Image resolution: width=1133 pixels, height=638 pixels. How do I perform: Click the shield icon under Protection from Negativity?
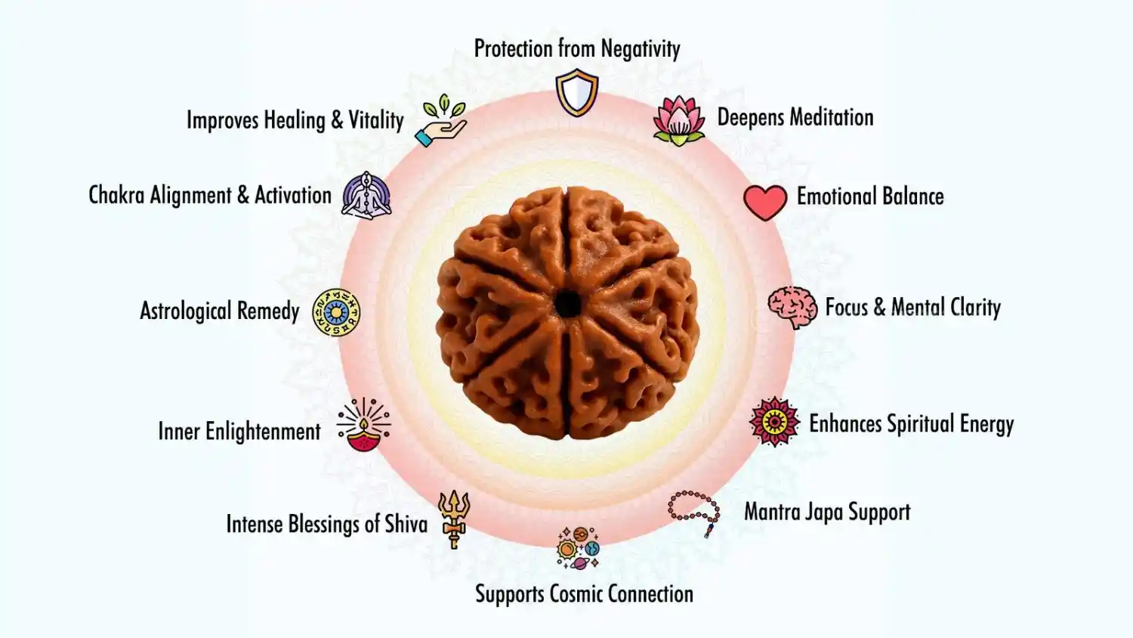pos(577,92)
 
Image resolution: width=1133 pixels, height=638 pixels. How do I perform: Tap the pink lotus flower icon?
pos(678,120)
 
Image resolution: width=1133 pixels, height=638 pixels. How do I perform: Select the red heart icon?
pos(765,202)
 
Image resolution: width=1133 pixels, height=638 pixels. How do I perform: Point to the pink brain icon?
pos(792,307)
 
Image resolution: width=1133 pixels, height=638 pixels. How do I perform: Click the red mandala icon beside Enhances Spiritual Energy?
pos(774,422)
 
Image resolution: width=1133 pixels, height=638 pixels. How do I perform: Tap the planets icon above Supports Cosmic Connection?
pos(578,548)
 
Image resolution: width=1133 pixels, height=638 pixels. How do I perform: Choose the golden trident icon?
pos(454,518)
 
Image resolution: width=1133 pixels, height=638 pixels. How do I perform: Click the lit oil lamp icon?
pos(364,426)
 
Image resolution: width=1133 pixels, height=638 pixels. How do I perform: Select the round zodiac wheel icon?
pos(336,312)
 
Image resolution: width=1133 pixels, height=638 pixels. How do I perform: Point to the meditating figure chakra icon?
pos(366,196)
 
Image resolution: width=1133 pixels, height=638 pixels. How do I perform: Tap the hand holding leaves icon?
pos(442,121)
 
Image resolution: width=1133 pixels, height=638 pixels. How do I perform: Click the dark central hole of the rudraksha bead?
pos(567,305)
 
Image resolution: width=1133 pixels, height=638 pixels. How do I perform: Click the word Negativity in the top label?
pos(641,49)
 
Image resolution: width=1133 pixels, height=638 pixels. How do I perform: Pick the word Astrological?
pos(186,311)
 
